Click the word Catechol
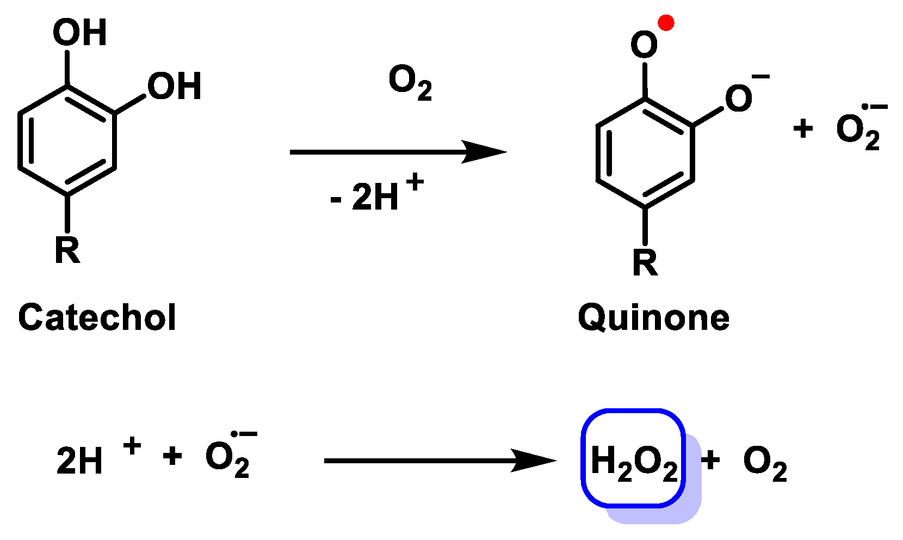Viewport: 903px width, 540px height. click(x=97, y=317)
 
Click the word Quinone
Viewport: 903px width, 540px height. click(x=653, y=318)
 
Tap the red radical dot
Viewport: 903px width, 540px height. click(x=666, y=22)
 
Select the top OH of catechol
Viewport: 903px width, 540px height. click(x=80, y=32)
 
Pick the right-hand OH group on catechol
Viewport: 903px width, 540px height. click(x=175, y=86)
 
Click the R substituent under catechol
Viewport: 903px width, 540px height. click(x=67, y=250)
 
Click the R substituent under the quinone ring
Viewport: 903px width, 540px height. click(x=645, y=262)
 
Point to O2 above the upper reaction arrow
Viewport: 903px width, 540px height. click(x=410, y=83)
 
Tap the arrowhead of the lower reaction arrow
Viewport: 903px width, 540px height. click(x=534, y=461)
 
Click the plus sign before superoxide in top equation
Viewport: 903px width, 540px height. click(x=803, y=129)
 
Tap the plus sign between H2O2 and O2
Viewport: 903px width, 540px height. click(x=710, y=460)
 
